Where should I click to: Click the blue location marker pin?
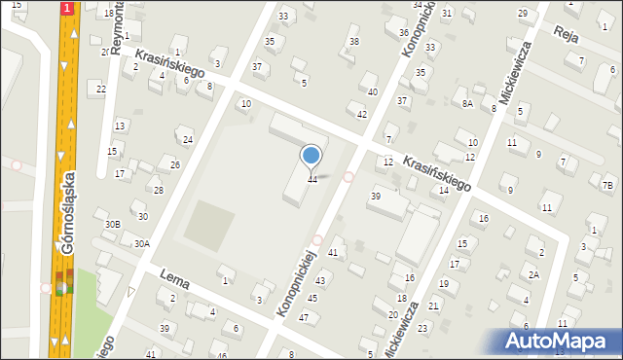(311, 156)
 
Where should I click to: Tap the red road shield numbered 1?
(66, 8)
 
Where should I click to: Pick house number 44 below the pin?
(312, 179)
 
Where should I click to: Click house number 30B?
(112, 225)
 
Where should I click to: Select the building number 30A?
(142, 244)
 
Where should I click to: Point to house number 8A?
(467, 104)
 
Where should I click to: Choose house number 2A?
(533, 275)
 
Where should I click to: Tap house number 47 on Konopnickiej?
(304, 318)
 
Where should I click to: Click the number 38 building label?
(354, 42)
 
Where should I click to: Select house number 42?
(362, 114)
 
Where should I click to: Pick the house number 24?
(188, 140)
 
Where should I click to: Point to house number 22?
(100, 89)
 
